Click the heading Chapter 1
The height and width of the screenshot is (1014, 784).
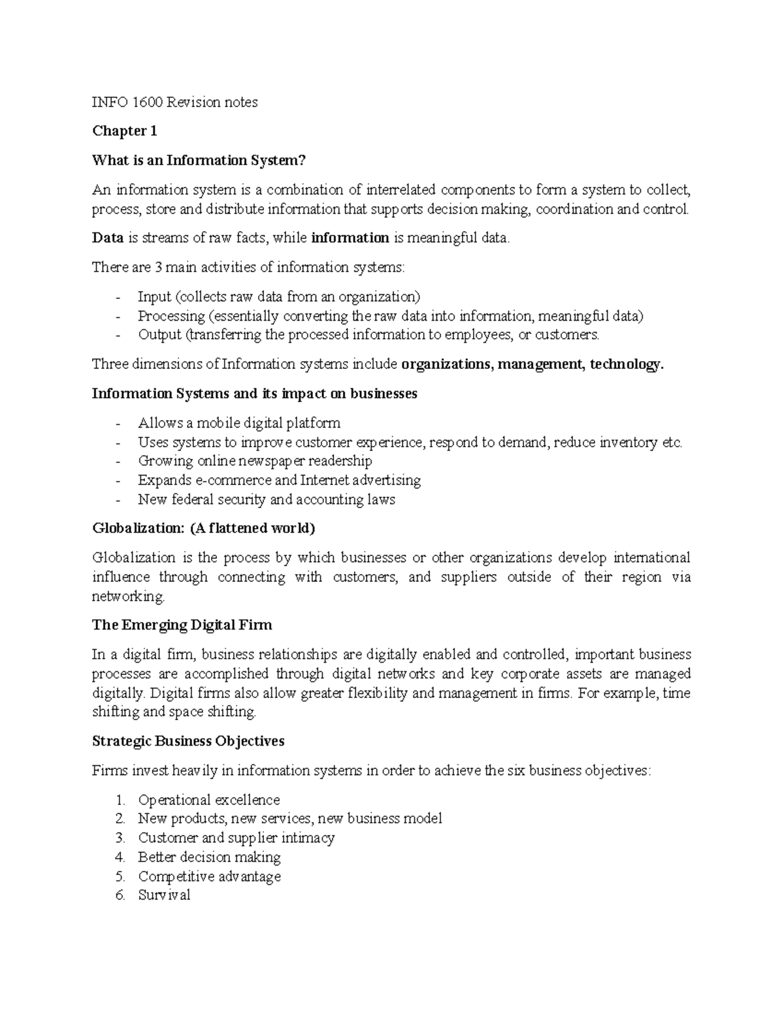tap(124, 131)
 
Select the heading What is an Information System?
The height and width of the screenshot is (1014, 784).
tap(199, 161)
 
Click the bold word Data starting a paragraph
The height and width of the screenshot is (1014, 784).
tap(108, 238)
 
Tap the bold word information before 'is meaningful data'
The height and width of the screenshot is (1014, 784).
tap(350, 238)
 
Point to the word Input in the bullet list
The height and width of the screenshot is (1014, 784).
tap(154, 297)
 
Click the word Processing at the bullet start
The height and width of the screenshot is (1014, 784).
tap(171, 316)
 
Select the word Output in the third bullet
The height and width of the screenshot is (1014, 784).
tap(159, 335)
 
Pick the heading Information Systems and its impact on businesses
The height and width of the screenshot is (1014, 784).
tap(254, 394)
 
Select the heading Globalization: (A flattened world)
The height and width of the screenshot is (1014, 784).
tap(203, 528)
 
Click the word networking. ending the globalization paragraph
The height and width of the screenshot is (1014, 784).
tap(129, 597)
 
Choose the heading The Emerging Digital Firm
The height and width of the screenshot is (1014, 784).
tap(182, 626)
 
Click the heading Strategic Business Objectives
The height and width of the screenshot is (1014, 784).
tap(188, 742)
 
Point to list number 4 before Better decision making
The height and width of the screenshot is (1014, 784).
tap(119, 857)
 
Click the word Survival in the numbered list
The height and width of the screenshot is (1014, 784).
tap(164, 896)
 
